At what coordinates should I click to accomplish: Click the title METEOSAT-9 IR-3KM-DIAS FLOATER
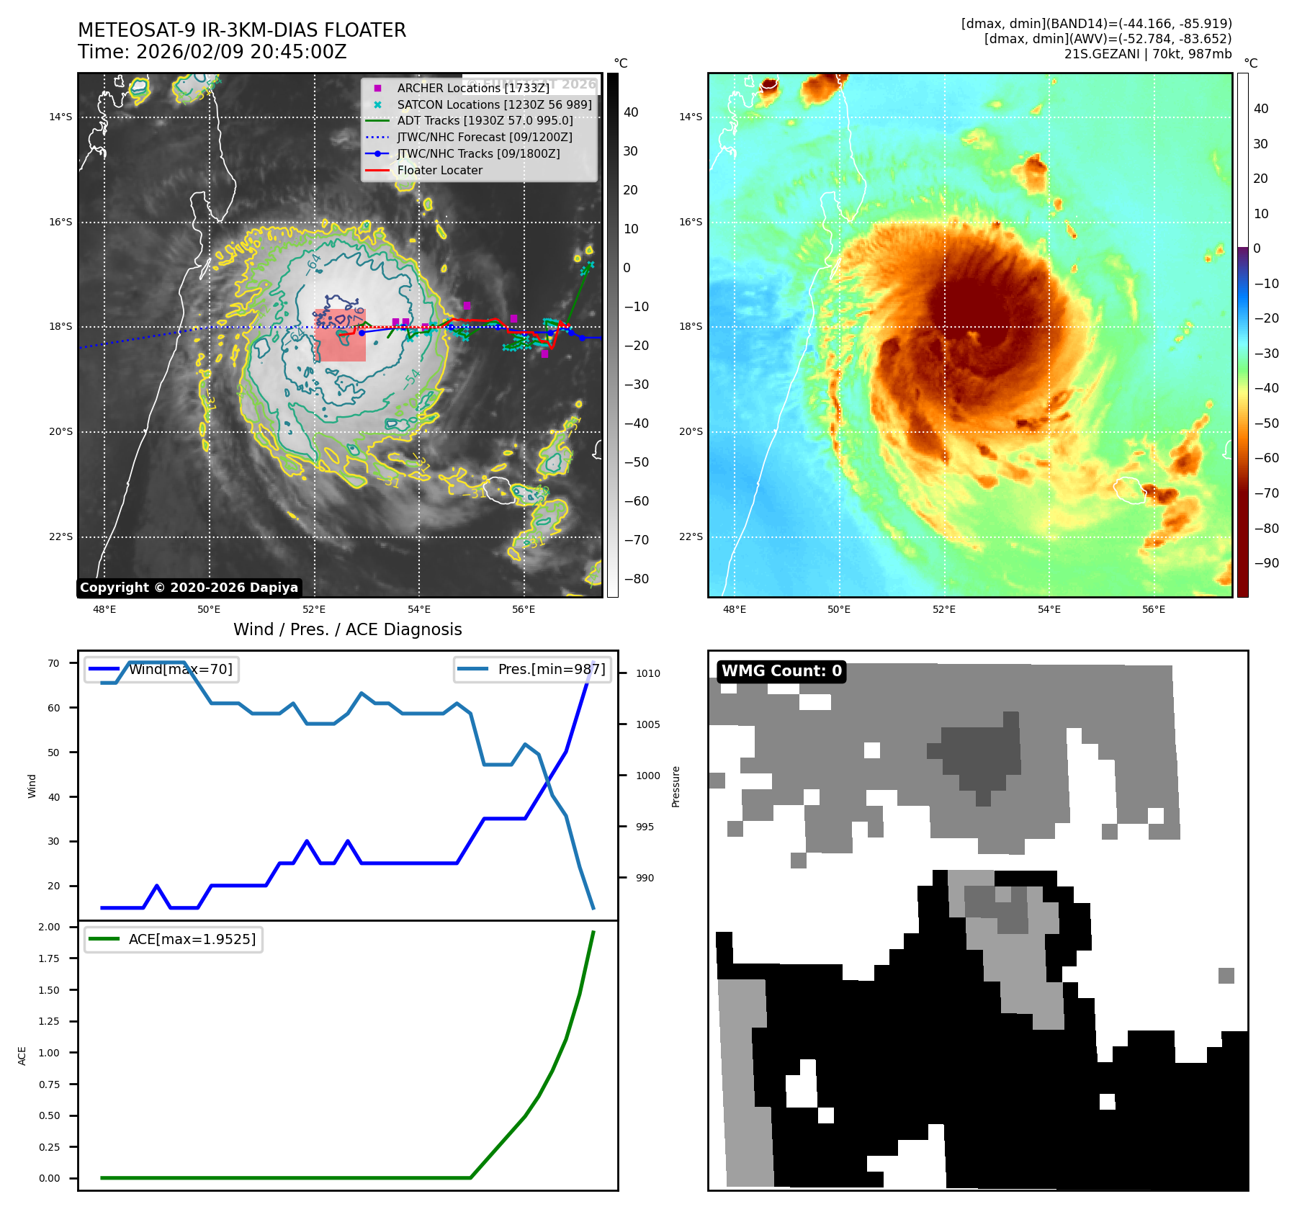tap(242, 30)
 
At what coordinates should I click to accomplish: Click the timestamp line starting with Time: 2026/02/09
tap(212, 52)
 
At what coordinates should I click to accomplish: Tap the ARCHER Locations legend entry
tap(472, 88)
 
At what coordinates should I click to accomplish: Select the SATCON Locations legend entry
tap(494, 104)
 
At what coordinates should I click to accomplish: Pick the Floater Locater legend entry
tap(439, 170)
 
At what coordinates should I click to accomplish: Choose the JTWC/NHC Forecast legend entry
tap(484, 137)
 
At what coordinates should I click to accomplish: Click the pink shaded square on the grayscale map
tap(340, 335)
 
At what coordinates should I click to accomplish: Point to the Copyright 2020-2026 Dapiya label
tap(189, 588)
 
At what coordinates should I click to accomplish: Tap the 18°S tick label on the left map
tap(60, 327)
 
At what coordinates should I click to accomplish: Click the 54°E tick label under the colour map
tap(1049, 609)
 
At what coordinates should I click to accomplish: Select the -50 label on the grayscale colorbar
tap(636, 462)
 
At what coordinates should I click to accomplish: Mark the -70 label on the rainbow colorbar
tap(1266, 493)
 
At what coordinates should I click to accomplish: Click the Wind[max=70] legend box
tap(161, 669)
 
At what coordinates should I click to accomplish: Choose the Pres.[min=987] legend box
tap(533, 669)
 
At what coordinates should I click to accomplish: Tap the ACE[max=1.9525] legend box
tap(173, 939)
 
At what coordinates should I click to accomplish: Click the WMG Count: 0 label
tap(781, 671)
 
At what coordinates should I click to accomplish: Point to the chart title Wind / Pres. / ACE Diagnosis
tap(347, 629)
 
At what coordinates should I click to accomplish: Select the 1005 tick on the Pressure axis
tap(647, 724)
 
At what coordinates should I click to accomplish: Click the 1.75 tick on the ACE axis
tap(50, 958)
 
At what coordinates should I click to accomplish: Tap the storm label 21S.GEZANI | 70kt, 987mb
tap(1147, 54)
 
